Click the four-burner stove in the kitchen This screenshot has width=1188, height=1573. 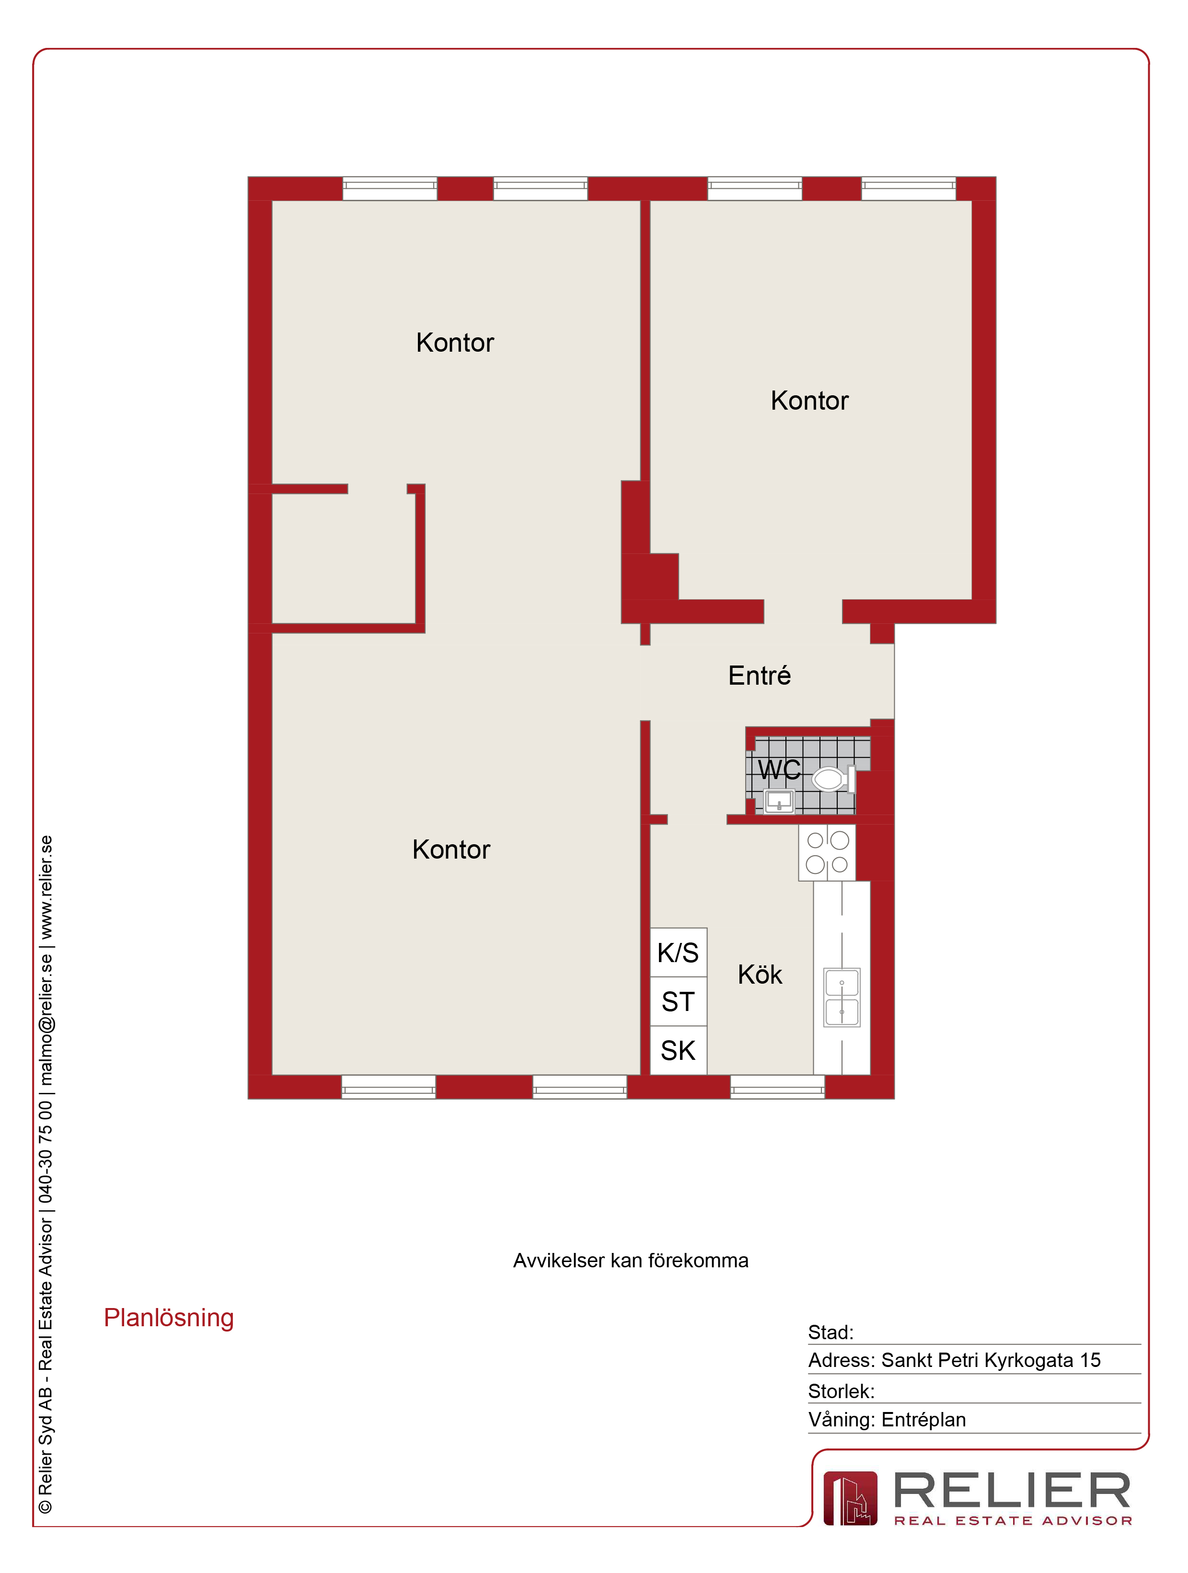click(827, 853)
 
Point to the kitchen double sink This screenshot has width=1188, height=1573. click(842, 997)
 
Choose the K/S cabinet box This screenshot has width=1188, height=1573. click(679, 952)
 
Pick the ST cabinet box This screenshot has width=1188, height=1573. click(679, 1001)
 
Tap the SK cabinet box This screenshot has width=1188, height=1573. click(679, 1050)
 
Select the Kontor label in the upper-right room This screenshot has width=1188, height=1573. click(809, 401)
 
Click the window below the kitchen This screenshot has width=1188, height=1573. click(777, 1087)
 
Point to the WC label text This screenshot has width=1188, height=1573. click(779, 769)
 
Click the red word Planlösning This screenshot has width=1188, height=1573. click(169, 1318)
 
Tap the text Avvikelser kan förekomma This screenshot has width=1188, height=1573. click(631, 1260)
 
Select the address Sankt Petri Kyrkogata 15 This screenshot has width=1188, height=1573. click(991, 1360)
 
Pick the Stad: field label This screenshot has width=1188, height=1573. click(830, 1332)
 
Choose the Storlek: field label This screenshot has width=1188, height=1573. click(841, 1391)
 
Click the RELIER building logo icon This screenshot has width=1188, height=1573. click(850, 1498)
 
